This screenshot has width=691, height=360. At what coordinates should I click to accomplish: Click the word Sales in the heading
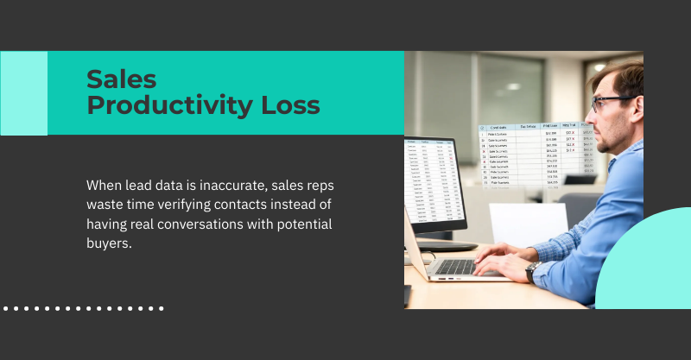tap(122, 79)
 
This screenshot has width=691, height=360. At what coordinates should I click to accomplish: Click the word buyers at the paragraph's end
tap(108, 244)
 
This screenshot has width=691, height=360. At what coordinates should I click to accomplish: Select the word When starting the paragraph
tap(105, 185)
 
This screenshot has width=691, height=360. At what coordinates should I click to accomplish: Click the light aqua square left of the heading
tap(23, 93)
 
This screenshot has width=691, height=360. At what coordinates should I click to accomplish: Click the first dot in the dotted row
tap(6, 307)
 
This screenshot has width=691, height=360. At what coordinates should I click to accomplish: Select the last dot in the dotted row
tap(162, 307)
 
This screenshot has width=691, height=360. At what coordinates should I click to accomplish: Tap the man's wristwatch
tap(531, 271)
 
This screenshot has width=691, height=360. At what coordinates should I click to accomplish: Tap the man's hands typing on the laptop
tap(501, 257)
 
